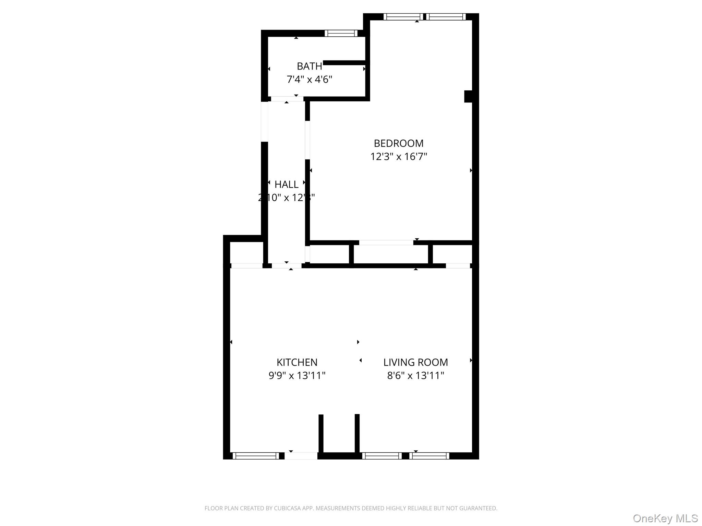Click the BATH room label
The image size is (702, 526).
click(309, 66)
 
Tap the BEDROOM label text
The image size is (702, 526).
click(398, 143)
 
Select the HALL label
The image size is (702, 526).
click(286, 185)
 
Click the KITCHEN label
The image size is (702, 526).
click(297, 362)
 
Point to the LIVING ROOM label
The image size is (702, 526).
click(415, 362)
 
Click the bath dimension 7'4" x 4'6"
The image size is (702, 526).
click(309, 79)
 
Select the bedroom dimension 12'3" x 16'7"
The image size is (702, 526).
click(398, 156)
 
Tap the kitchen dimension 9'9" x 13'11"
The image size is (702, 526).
click(297, 376)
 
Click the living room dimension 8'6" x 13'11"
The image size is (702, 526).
click(415, 376)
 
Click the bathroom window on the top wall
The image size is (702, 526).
click(341, 33)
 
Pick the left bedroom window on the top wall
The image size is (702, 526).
click(403, 17)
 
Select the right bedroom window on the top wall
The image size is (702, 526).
click(446, 17)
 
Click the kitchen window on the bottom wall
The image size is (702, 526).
click(256, 456)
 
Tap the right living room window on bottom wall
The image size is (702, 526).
click(429, 456)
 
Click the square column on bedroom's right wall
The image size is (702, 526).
click(468, 96)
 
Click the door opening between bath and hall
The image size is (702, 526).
click(287, 99)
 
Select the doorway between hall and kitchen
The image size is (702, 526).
click(287, 265)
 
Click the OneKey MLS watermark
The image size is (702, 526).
click(665, 518)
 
